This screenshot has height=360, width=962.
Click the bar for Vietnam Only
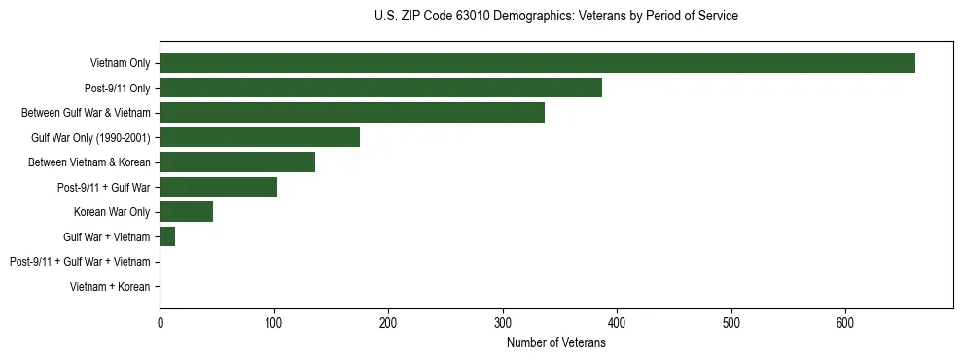(537, 63)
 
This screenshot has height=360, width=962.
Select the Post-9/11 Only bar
(380, 88)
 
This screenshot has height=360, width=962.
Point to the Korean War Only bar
(186, 212)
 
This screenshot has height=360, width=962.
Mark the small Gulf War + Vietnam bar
(167, 236)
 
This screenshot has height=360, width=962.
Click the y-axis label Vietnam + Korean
(110, 287)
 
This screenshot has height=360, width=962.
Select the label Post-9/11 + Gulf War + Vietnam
(80, 262)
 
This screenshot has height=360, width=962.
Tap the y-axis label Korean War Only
(112, 212)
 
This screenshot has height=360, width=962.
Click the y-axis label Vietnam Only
(120, 63)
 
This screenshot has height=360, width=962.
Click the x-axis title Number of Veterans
(555, 342)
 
